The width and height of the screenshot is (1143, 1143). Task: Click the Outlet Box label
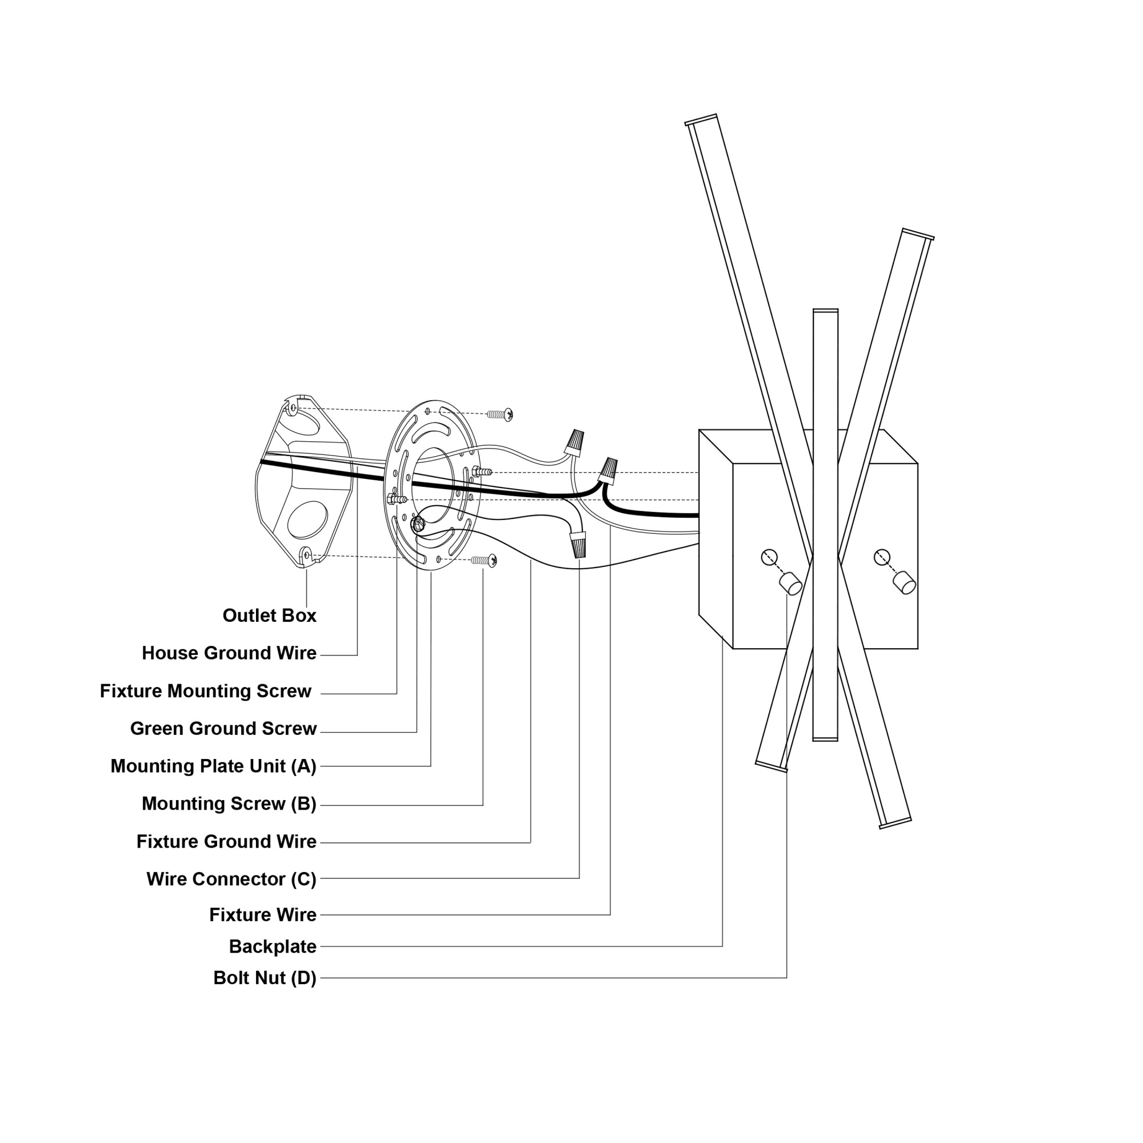pyautogui.click(x=269, y=616)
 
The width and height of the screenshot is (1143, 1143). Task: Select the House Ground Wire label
pyautogui.click(x=229, y=653)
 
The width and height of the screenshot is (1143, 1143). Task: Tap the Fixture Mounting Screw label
pyautogui.click(x=205, y=691)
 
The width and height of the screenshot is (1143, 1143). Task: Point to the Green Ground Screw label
pyautogui.click(x=223, y=728)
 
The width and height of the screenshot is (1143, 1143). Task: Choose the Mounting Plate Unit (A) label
pyautogui.click(x=213, y=766)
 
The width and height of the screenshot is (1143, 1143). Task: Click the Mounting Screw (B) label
pyautogui.click(x=229, y=804)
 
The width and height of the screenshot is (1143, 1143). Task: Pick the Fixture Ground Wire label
pyautogui.click(x=226, y=841)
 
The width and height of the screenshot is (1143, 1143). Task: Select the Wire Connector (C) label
pyautogui.click(x=231, y=879)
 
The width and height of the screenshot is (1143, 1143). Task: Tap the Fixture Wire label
pyautogui.click(x=263, y=914)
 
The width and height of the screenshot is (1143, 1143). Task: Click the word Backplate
pyautogui.click(x=272, y=946)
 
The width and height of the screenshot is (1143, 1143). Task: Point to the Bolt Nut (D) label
pyautogui.click(x=265, y=978)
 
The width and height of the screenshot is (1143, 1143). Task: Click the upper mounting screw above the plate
pyautogui.click(x=500, y=415)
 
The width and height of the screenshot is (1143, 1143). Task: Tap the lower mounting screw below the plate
pyautogui.click(x=485, y=559)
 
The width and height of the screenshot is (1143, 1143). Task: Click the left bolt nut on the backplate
pyautogui.click(x=790, y=584)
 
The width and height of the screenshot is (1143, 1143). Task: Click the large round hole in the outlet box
pyautogui.click(x=307, y=519)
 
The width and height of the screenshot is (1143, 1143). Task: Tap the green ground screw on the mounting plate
pyautogui.click(x=418, y=523)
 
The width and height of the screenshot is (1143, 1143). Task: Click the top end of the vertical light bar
pyautogui.click(x=825, y=312)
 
